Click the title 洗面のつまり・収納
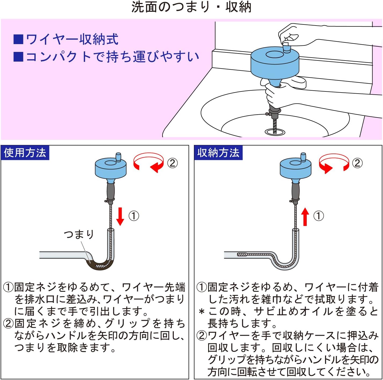191,7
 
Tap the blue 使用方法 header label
25,153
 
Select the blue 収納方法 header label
218,153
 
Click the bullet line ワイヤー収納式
72,39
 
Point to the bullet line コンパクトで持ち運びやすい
112,57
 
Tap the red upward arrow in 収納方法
305,216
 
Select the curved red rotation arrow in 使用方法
149,162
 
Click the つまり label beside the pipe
79,234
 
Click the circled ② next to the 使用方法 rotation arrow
172,163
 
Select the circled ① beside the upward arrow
319,216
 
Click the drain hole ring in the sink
275,132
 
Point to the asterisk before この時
202,312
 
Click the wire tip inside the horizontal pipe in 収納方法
241,254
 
